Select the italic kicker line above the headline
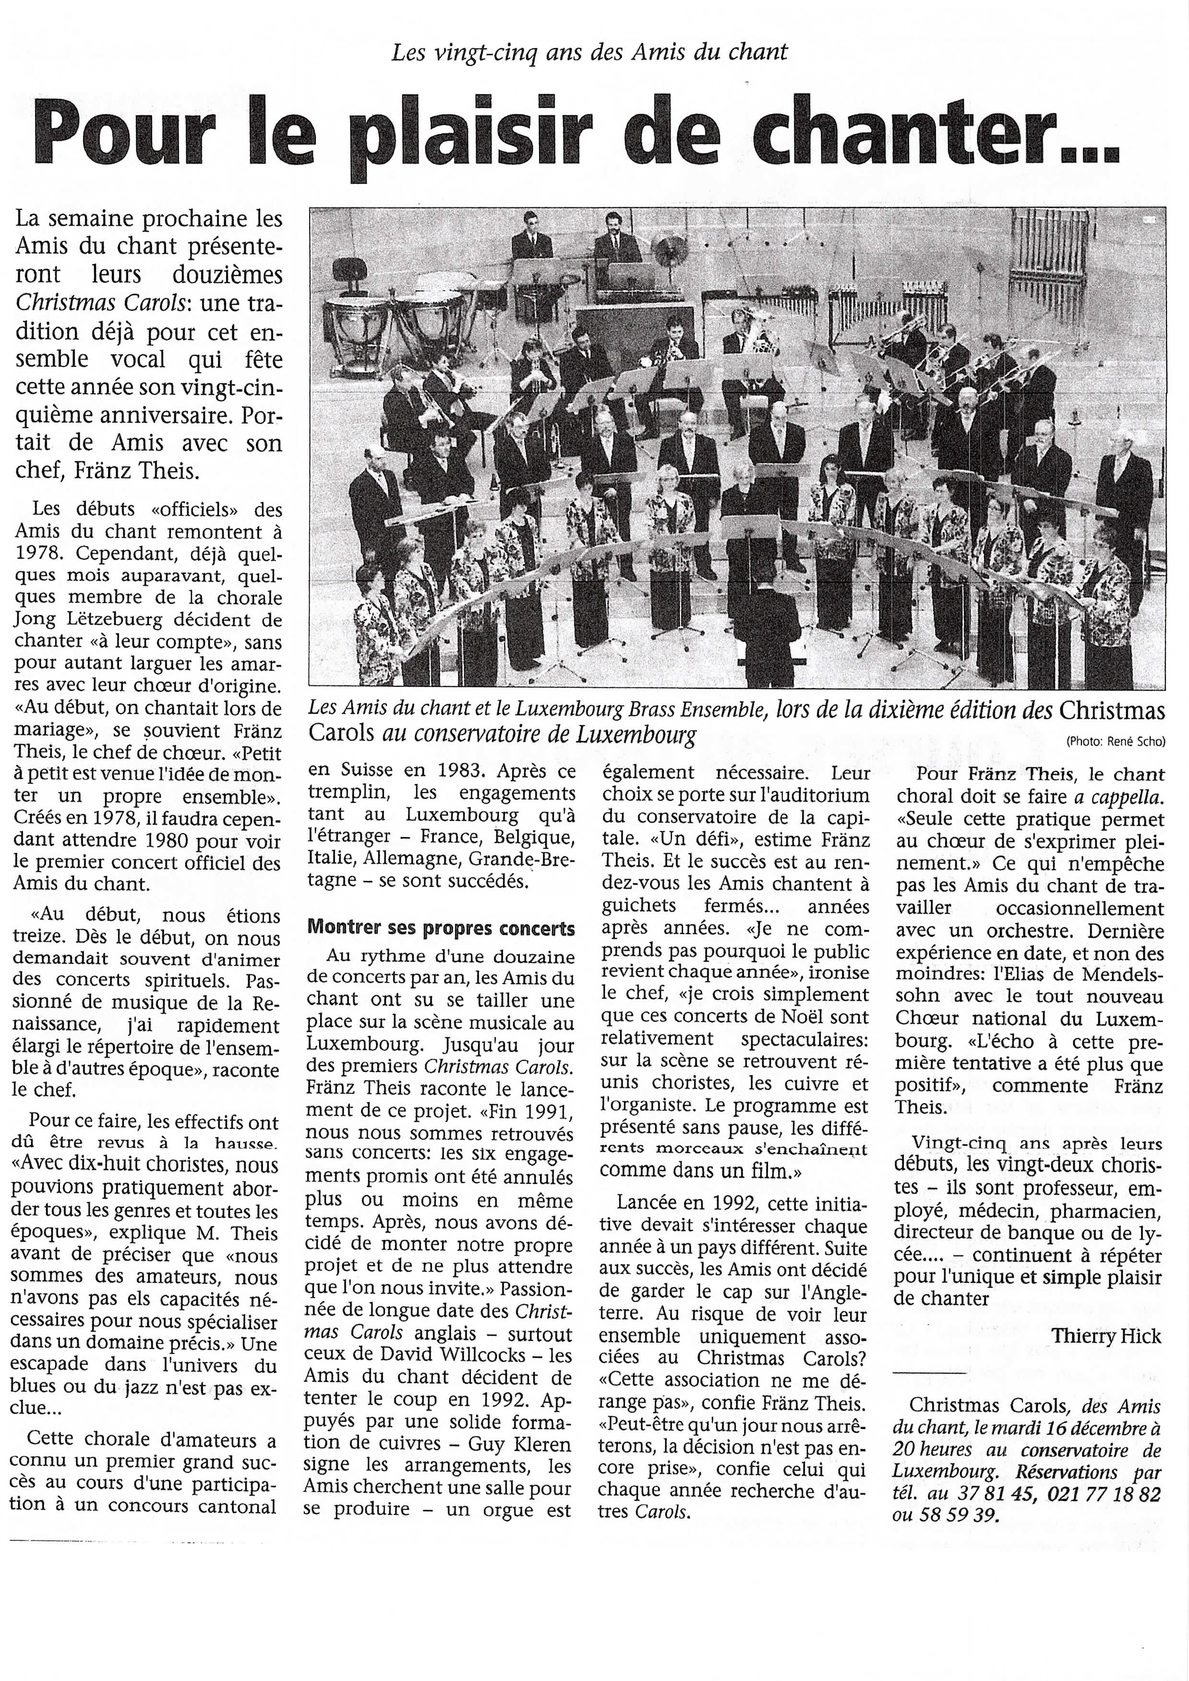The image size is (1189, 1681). (x=589, y=52)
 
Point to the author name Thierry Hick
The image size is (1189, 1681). (x=1106, y=1335)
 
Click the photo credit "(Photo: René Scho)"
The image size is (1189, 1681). (x=1115, y=741)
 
